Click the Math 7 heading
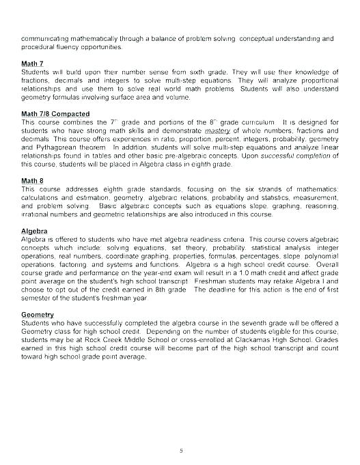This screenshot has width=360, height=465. coord(32,64)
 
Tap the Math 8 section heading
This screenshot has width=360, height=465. coord(32,180)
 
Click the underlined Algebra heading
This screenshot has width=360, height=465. coord(35,231)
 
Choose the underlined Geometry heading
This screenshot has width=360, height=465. coord(38,313)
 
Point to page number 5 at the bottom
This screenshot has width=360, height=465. coord(180,432)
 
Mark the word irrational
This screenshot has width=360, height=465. coord(38,214)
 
